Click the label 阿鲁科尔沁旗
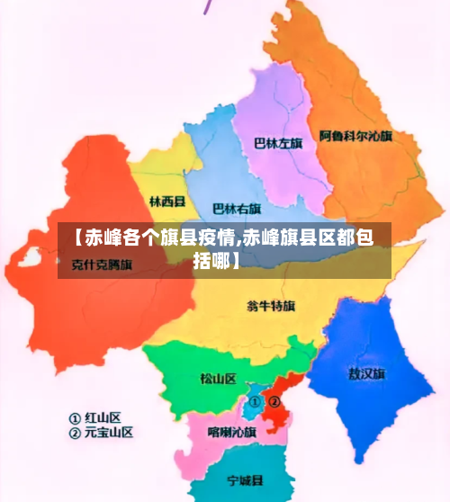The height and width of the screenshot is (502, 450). click(x=355, y=137)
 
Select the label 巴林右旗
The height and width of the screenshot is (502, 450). click(x=236, y=209)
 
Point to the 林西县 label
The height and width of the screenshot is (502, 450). click(x=167, y=202)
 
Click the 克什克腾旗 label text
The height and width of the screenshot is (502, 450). click(x=102, y=264)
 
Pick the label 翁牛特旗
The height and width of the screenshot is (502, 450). click(x=270, y=306)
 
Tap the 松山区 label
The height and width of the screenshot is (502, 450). click(x=218, y=378)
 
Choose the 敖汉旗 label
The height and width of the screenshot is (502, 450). click(x=366, y=372)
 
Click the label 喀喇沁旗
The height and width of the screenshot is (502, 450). click(x=232, y=432)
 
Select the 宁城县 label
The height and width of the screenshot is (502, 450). click(x=245, y=479)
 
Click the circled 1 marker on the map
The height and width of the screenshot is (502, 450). click(x=256, y=401)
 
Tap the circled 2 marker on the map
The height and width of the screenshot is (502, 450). click(x=275, y=401)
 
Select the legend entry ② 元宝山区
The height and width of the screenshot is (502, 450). click(x=101, y=432)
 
